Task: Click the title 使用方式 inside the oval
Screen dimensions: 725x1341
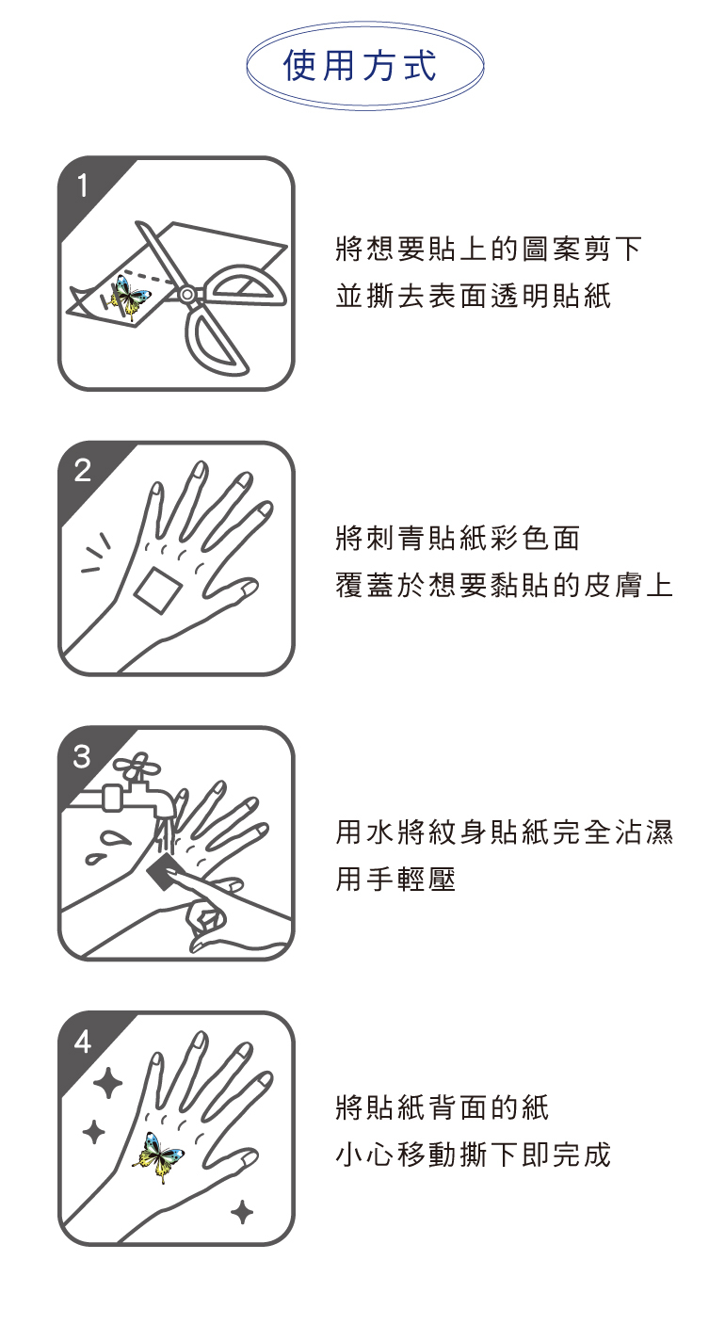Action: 360,65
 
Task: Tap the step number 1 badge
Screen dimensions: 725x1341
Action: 83,186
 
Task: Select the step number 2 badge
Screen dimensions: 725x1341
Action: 83,471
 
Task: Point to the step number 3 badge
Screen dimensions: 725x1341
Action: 83,756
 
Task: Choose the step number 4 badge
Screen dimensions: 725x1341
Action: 83,1042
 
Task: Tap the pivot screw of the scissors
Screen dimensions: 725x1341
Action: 187,294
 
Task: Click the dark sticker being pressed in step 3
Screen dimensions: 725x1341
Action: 164,871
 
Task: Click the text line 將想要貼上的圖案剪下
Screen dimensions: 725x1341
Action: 489,249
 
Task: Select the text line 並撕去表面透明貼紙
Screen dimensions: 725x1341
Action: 473,296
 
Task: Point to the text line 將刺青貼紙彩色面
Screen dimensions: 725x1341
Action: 458,538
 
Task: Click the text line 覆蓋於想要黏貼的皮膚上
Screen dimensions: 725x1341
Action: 504,585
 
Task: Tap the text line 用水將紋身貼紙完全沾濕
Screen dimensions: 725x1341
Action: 504,832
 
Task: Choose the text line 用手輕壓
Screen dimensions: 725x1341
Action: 395,879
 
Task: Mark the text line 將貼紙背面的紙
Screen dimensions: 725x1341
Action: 442,1107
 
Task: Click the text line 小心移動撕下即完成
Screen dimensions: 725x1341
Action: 473,1155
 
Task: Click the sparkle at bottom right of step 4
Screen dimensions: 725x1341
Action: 242,1213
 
